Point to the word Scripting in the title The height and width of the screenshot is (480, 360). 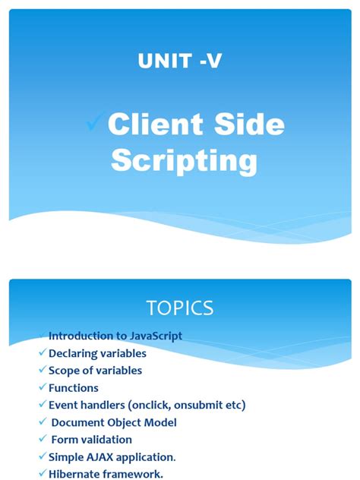click(184, 161)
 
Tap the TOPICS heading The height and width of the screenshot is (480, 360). click(180, 308)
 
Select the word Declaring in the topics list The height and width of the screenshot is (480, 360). click(72, 353)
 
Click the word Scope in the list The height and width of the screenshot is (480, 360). click(64, 371)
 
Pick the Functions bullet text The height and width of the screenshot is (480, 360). click(73, 388)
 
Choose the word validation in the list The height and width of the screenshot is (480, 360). click(105, 440)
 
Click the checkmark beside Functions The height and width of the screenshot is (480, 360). click(43, 387)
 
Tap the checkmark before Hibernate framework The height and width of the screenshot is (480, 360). click(43, 473)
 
